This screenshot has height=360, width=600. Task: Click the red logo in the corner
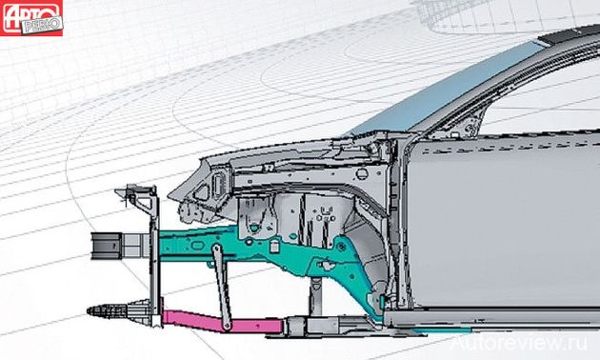click(31, 18)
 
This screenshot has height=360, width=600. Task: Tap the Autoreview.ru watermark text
click(519, 343)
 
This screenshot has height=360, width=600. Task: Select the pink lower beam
click(223, 322)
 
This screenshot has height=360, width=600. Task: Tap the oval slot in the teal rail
click(196, 245)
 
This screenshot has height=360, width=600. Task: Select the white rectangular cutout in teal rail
click(273, 246)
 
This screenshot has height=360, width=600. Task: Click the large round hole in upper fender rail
click(362, 174)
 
